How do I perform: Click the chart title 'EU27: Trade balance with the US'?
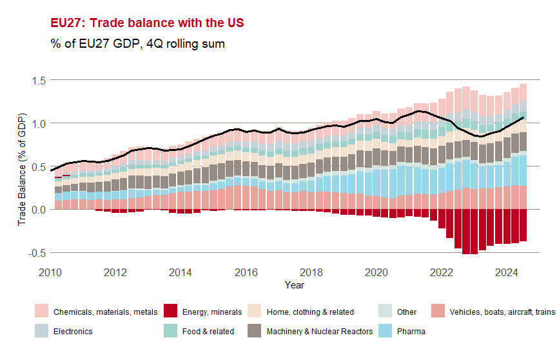(147, 23)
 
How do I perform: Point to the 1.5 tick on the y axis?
(37, 80)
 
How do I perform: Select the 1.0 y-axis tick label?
(37, 123)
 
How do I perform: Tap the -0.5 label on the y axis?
(35, 253)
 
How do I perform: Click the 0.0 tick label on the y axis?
(37, 210)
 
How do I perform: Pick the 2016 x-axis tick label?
(246, 272)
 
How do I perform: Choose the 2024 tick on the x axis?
(507, 272)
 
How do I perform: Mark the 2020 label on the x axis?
(376, 272)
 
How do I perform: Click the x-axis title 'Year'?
(295, 285)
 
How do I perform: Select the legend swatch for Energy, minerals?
(171, 312)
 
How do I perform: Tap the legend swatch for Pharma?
(384, 331)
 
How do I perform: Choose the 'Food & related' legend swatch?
(171, 331)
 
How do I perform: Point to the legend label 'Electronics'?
(73, 332)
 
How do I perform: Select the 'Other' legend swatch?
(384, 312)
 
